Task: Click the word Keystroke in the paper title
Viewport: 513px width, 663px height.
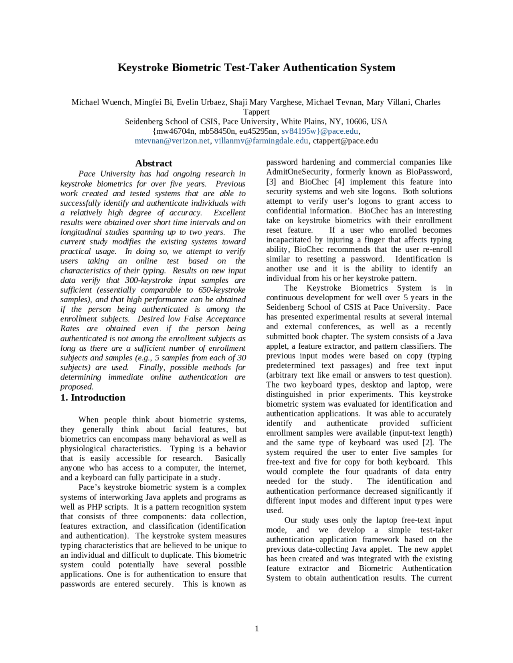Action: point(143,67)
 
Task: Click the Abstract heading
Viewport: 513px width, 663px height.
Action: point(153,163)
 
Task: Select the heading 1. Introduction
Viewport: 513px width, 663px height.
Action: point(93,398)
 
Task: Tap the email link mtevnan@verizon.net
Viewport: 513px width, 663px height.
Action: point(172,141)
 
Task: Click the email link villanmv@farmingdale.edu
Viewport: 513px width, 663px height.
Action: point(261,141)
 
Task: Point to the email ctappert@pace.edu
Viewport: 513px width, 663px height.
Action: point(345,141)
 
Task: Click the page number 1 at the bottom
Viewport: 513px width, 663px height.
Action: point(256,629)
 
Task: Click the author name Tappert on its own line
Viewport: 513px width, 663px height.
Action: point(256,112)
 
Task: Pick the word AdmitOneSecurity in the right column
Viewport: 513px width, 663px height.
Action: point(299,172)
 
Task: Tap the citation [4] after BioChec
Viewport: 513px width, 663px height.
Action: point(339,182)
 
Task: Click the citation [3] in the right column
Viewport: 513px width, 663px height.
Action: point(271,182)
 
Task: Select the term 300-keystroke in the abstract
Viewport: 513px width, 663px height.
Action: point(149,280)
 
